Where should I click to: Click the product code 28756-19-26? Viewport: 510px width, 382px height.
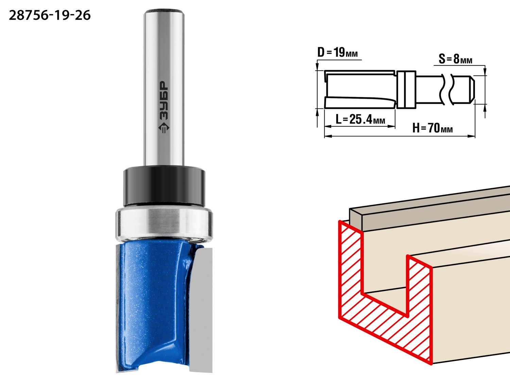point(50,16)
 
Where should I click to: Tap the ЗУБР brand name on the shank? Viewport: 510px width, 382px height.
point(164,101)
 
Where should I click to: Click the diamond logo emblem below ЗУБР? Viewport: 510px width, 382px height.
point(164,128)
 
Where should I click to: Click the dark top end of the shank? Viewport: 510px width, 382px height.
point(164,11)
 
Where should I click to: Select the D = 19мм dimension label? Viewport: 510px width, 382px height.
point(338,52)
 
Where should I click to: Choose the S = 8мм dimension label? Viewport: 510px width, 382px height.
point(455,59)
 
